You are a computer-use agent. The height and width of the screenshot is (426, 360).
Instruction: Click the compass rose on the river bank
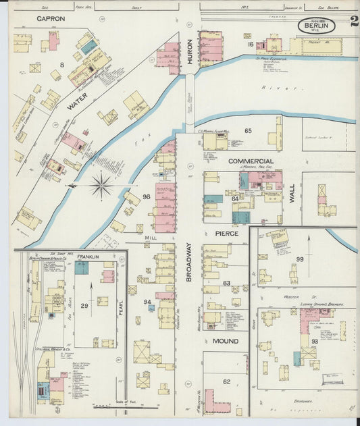click(x=101, y=186)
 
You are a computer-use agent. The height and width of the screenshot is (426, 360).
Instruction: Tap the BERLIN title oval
click(x=317, y=26)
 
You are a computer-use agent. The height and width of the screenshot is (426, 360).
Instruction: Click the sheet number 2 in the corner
click(x=354, y=20)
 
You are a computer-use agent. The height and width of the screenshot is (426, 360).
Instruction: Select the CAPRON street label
click(x=51, y=19)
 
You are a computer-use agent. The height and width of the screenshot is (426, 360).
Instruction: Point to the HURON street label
click(x=190, y=54)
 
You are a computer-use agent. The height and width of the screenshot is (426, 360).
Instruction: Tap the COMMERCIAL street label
click(x=251, y=161)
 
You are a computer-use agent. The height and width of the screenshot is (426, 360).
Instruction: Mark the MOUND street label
click(x=226, y=341)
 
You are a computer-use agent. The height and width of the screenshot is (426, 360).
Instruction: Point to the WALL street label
click(x=292, y=194)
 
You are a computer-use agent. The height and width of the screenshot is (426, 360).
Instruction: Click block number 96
click(x=146, y=197)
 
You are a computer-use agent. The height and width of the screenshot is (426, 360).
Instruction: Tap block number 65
click(x=248, y=130)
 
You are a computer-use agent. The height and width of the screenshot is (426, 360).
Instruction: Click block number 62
click(x=227, y=381)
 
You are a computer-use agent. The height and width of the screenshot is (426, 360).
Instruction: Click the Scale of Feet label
click(x=111, y=402)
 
